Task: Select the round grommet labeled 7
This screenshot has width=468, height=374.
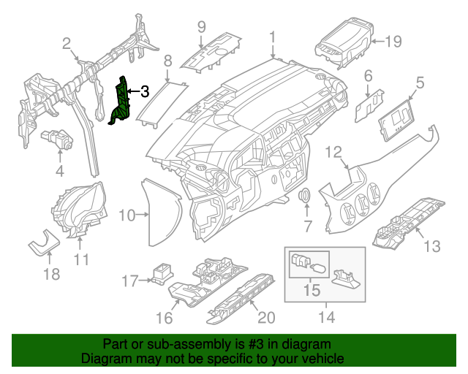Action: click(x=306, y=196)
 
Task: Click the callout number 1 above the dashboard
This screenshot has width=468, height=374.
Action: click(x=273, y=37)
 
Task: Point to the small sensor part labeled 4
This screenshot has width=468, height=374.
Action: click(x=58, y=139)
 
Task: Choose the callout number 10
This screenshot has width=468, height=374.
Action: click(x=127, y=215)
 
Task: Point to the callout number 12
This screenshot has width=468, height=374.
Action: click(x=333, y=153)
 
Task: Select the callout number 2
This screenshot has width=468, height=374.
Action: click(x=67, y=45)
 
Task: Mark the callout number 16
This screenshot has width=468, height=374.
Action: click(x=165, y=317)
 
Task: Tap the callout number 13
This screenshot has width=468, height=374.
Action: click(x=432, y=246)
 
